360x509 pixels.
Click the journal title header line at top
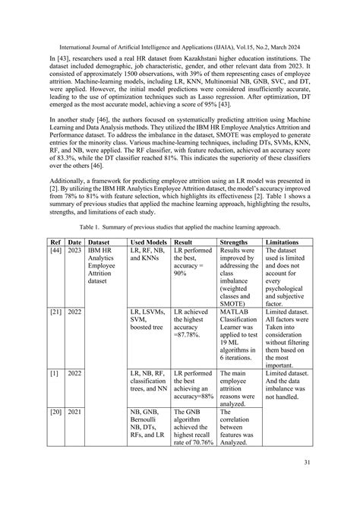coord(180,24)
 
